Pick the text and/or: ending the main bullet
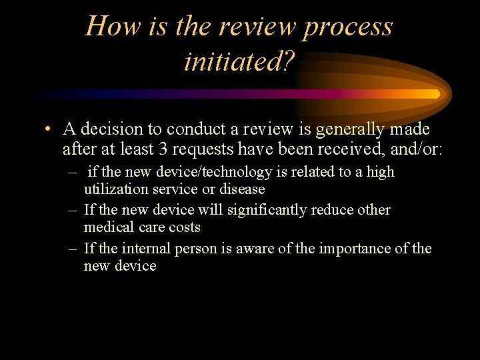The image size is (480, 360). [x=414, y=149]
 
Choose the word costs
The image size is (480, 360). [x=185, y=227]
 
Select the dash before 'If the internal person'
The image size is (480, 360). [x=73, y=249]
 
